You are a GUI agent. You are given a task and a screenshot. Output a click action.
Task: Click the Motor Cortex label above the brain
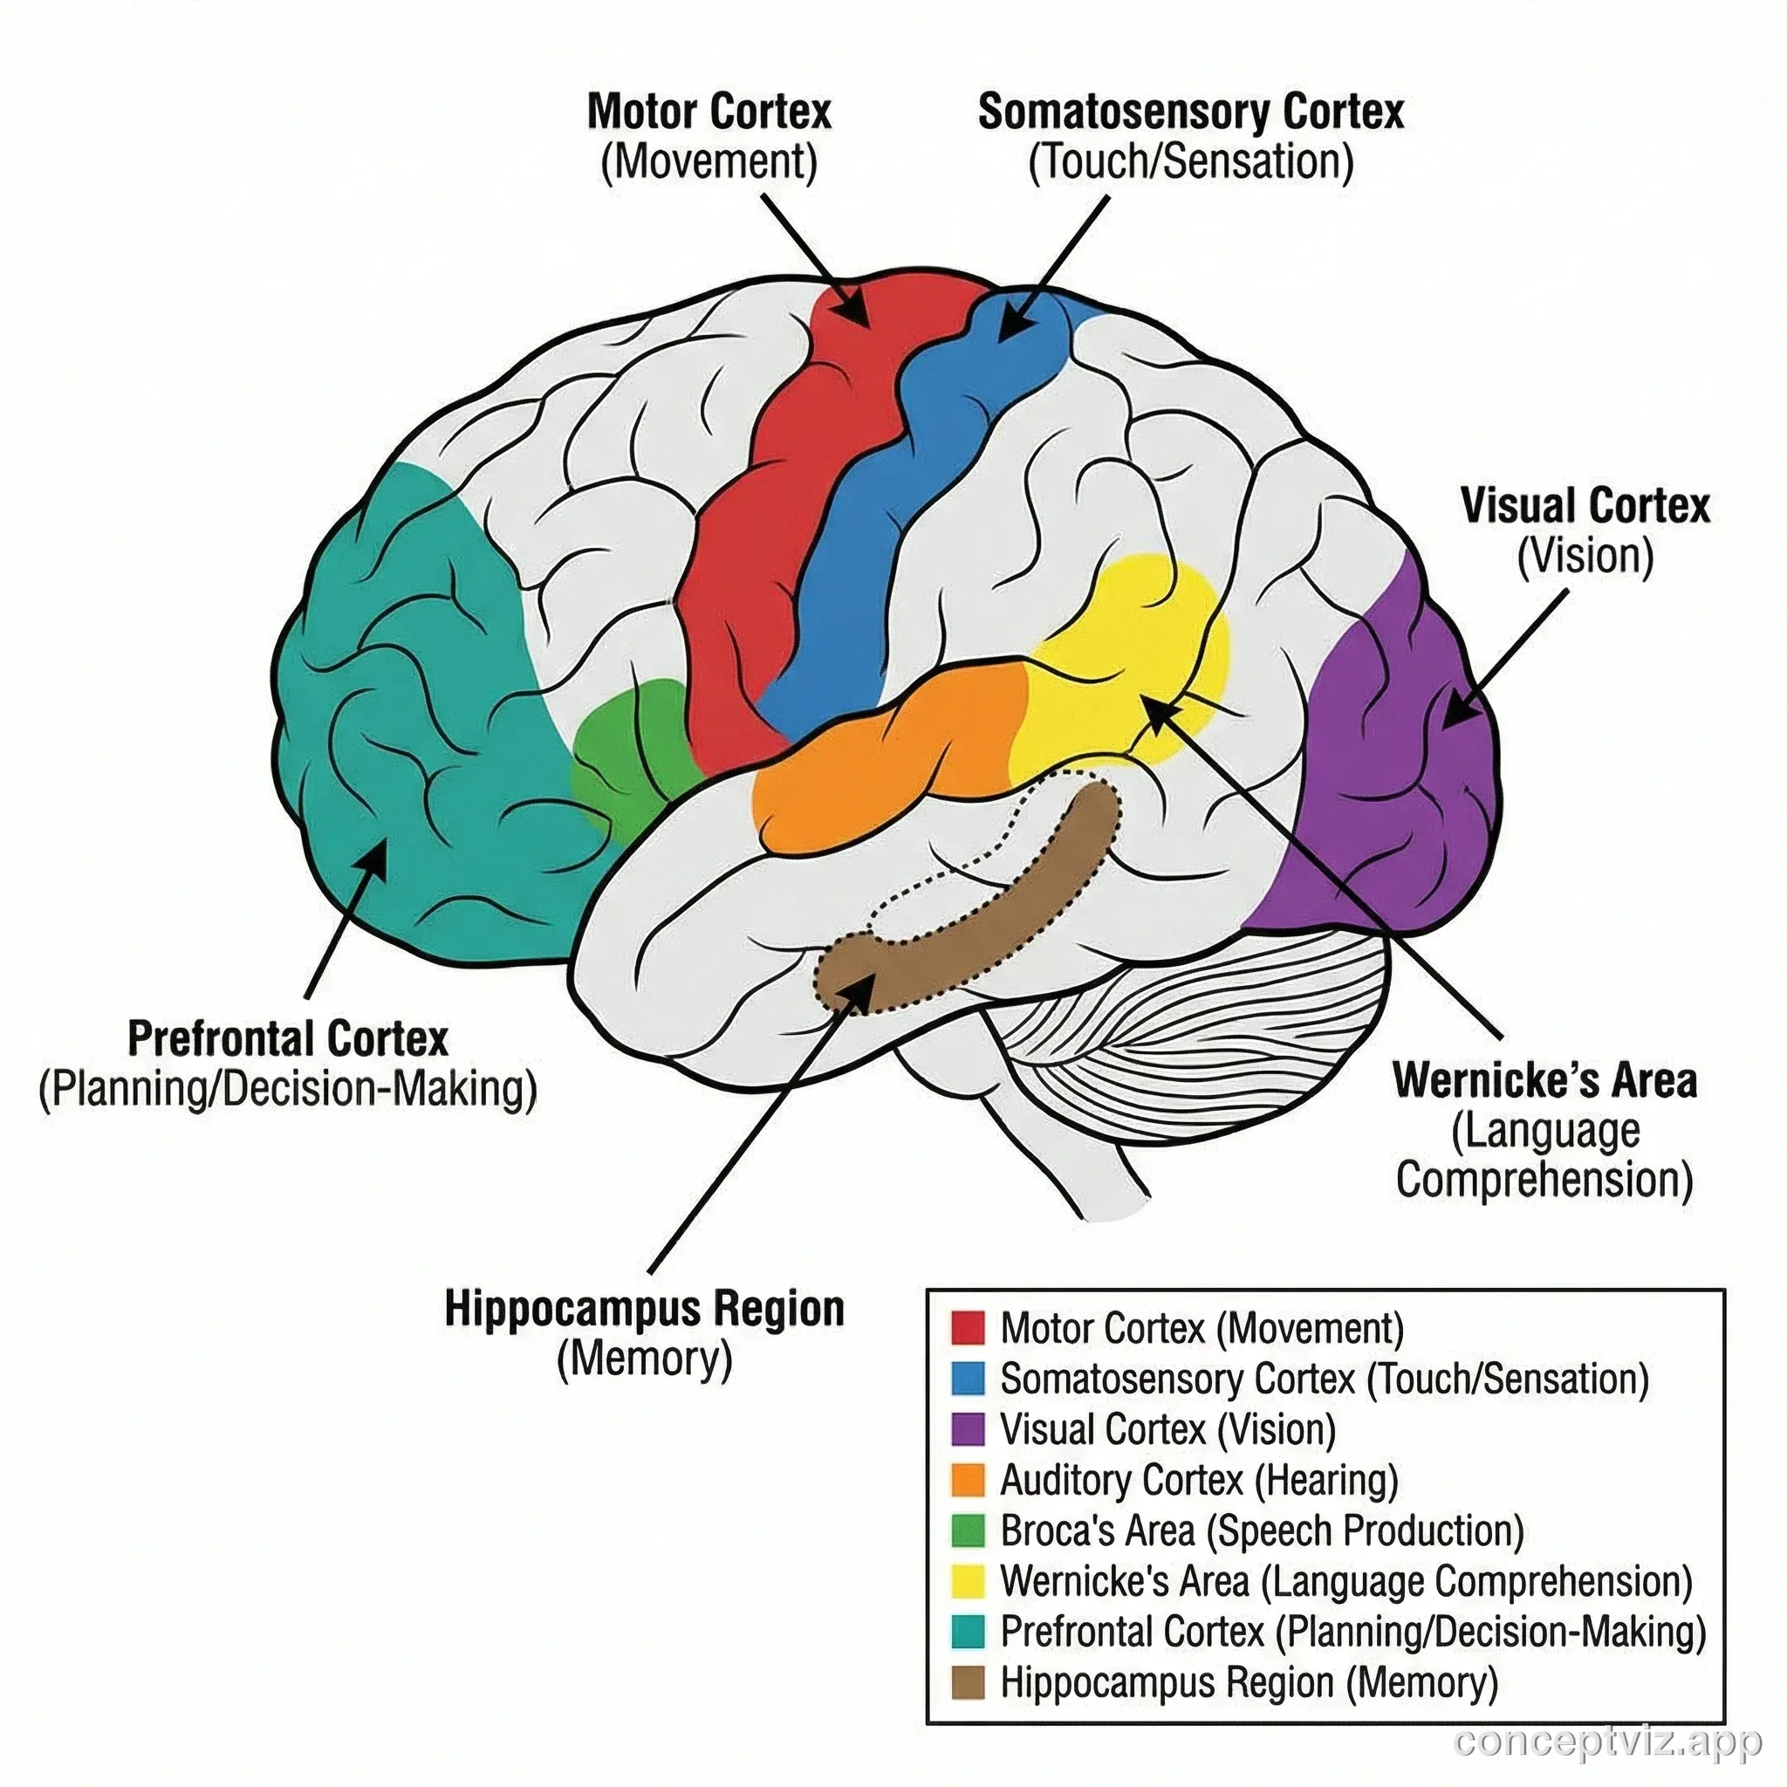709,112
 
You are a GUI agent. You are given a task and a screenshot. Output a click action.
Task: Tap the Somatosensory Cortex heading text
1190,112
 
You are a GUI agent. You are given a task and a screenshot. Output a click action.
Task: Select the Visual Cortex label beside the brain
1585,506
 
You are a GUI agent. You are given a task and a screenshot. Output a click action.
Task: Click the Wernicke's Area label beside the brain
1544,1080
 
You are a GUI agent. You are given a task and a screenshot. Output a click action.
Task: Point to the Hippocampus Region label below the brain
645,1309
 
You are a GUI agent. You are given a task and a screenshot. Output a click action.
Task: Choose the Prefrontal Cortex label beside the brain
288,1037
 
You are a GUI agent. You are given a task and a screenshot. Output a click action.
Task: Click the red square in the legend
968,1327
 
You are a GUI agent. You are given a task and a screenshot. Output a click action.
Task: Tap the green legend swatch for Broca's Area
968,1530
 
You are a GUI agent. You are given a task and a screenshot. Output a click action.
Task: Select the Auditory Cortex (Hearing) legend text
1199,1480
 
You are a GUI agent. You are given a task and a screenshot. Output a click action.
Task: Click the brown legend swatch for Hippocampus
968,1681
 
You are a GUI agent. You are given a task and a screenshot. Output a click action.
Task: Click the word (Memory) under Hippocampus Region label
645,1359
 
